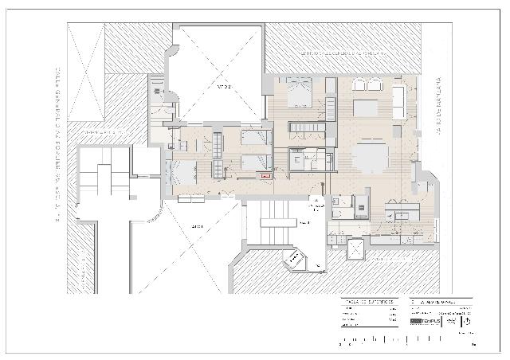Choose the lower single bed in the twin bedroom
(255, 162)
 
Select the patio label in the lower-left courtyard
(198, 227)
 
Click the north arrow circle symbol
(466, 322)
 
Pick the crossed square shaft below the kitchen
(354, 249)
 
